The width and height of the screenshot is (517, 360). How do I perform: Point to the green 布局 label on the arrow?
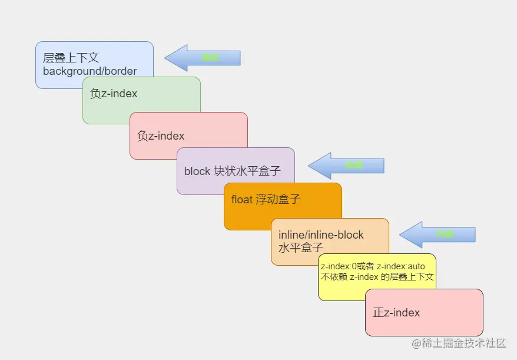click(354, 166)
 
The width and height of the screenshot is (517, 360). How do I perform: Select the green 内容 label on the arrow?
click(445, 235)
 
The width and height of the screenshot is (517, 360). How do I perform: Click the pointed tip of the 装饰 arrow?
click(166, 58)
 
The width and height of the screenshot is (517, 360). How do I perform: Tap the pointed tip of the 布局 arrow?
click(310, 166)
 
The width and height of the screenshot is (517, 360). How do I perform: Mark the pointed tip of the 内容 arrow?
click(401, 235)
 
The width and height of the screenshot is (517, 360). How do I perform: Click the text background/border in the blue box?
click(90, 71)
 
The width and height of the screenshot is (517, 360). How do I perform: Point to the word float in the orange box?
click(241, 200)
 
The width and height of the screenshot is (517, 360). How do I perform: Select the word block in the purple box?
click(197, 171)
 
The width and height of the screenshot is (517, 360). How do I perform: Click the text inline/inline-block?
click(321, 235)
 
